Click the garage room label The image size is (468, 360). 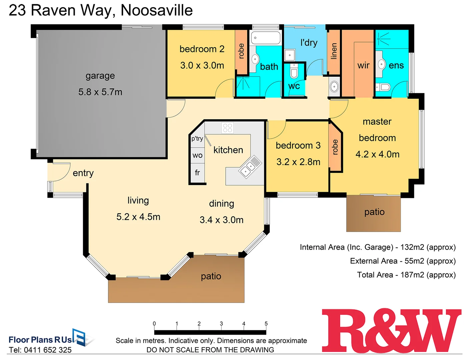[100, 76]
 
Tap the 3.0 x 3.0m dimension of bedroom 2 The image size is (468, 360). [202, 65]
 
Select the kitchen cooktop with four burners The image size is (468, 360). [227, 128]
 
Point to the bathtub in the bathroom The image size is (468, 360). [266, 38]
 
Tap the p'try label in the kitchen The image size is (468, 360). [197, 139]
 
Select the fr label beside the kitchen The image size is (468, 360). [197, 173]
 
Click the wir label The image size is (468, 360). [363, 65]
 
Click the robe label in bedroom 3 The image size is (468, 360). [335, 147]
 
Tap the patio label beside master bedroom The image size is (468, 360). [374, 212]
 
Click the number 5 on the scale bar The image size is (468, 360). [266, 324]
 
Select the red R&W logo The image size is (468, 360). [391, 331]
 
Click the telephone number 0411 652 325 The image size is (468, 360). [48, 350]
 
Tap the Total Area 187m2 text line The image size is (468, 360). [406, 275]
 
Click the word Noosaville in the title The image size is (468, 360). [157, 10]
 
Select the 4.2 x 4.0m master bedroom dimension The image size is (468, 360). [377, 154]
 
